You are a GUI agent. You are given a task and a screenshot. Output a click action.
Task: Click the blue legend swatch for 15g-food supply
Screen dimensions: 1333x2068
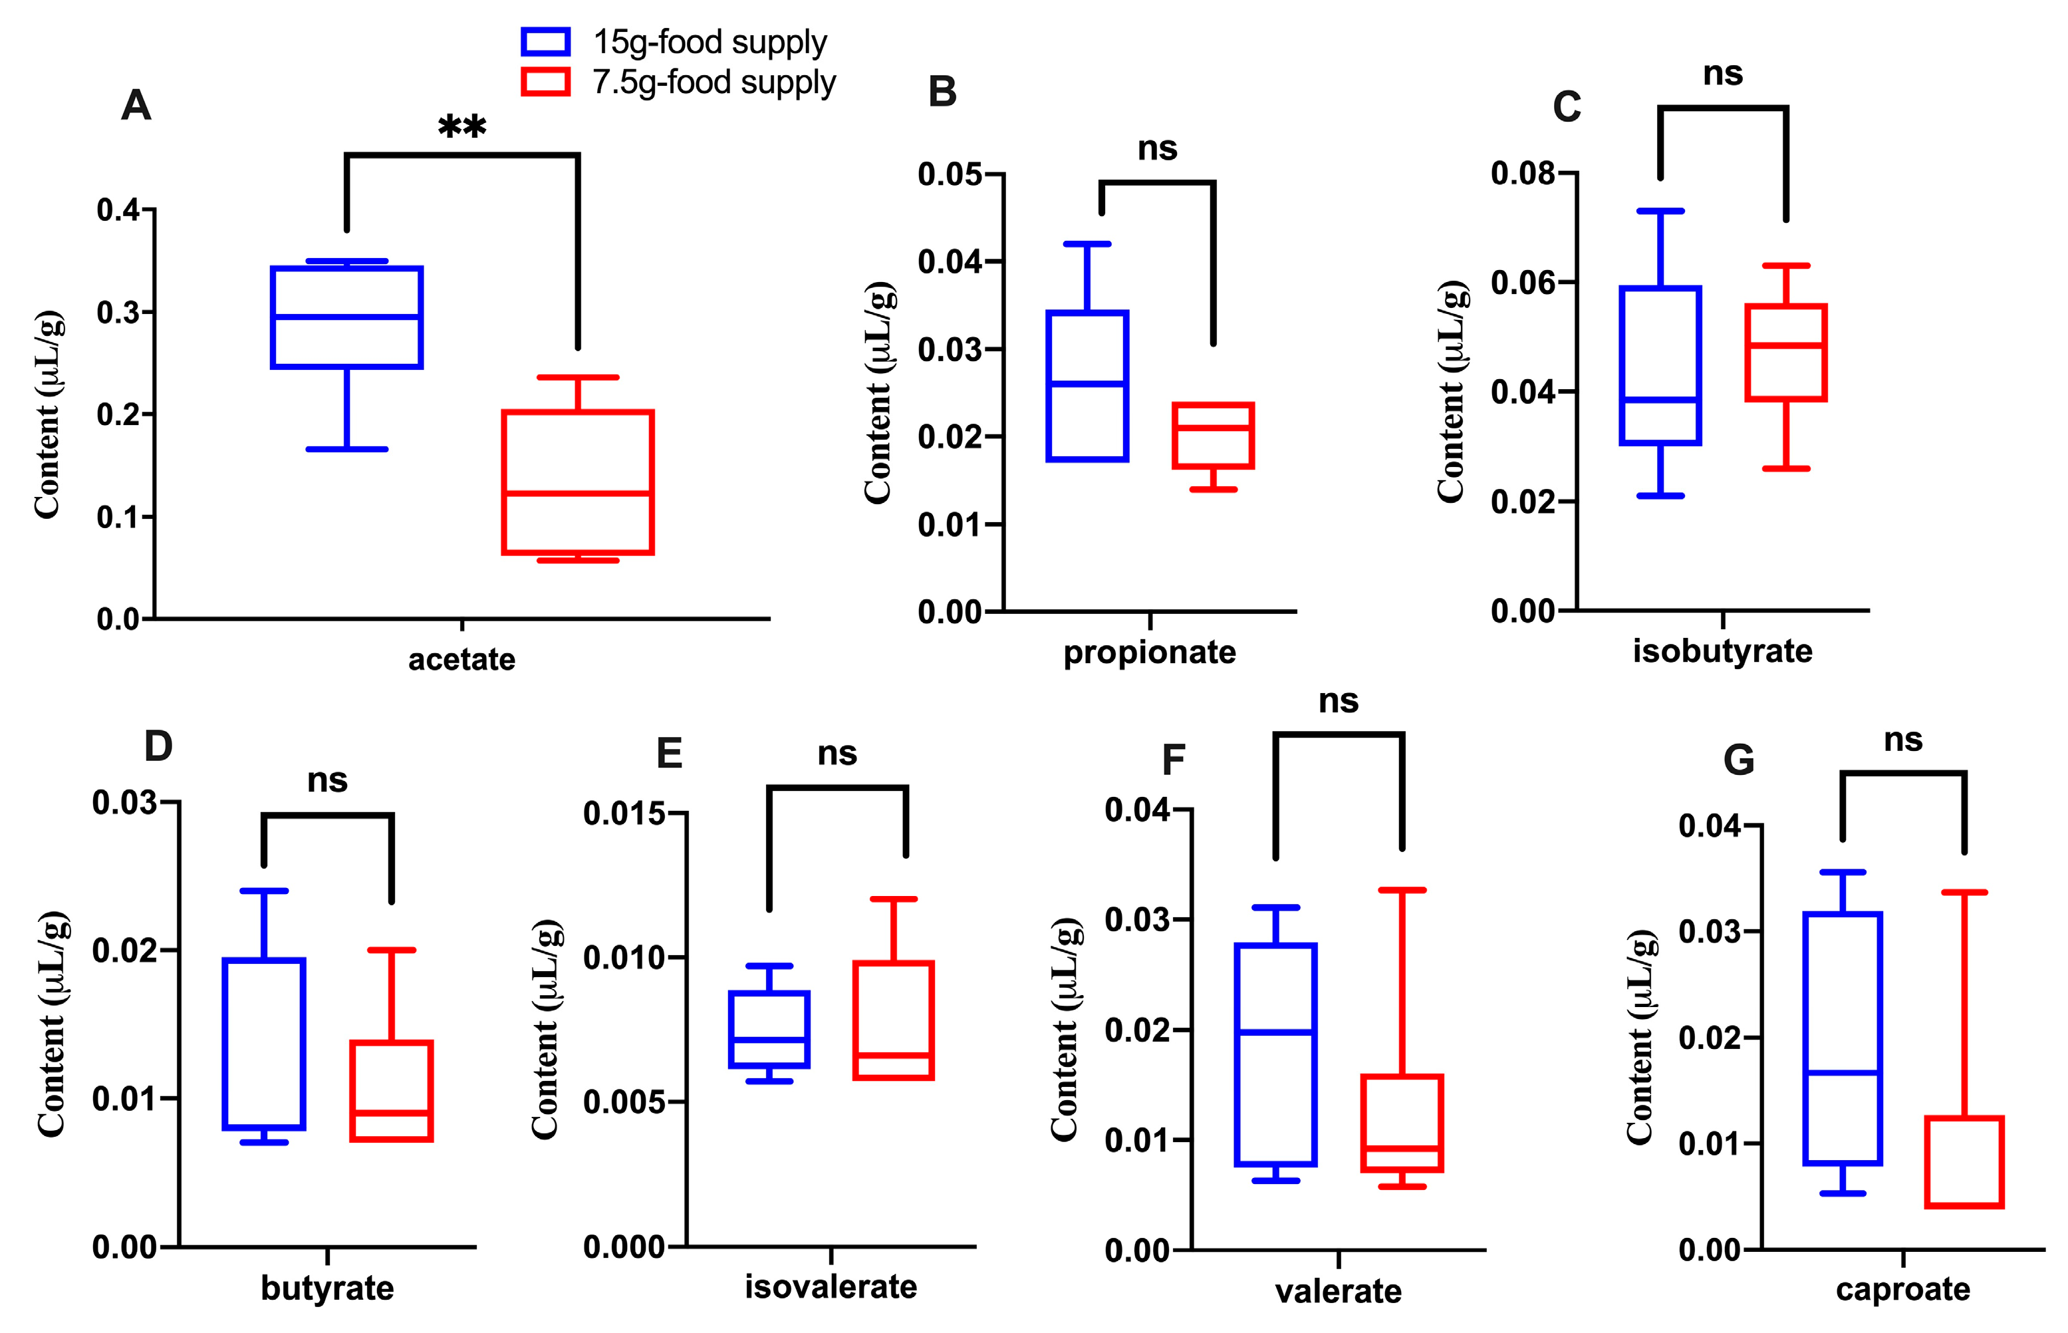pyautogui.click(x=545, y=41)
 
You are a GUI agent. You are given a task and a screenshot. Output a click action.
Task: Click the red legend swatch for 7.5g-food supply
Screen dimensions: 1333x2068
pyautogui.click(x=545, y=82)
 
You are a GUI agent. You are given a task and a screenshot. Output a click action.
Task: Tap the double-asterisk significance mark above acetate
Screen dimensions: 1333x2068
pyautogui.click(x=462, y=128)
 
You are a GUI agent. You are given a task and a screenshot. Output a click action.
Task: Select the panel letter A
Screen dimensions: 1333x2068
pyautogui.click(x=136, y=106)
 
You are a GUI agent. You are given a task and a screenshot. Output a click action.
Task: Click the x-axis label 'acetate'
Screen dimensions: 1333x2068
pyautogui.click(x=462, y=660)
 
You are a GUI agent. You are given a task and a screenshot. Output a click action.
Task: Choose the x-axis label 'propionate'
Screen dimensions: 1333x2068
pyautogui.click(x=1149, y=652)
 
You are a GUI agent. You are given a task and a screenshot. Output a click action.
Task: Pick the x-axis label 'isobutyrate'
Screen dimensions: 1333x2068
pyautogui.click(x=1722, y=651)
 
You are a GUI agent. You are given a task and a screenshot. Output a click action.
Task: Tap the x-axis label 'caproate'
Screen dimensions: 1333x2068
pyautogui.click(x=1902, y=1290)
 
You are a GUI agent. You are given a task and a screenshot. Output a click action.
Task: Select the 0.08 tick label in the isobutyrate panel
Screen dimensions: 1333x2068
pyautogui.click(x=1523, y=173)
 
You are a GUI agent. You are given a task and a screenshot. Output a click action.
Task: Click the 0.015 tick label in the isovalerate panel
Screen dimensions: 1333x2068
pyautogui.click(x=624, y=814)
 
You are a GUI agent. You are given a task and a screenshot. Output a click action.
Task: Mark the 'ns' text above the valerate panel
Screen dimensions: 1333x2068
pyautogui.click(x=1338, y=700)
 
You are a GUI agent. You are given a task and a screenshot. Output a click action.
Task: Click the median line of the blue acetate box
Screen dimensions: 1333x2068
pyautogui.click(x=346, y=317)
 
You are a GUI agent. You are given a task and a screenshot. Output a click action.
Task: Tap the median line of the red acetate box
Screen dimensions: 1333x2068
pyautogui.click(x=577, y=494)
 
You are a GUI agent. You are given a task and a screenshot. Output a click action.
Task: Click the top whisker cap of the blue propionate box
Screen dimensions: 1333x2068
pyautogui.click(x=1087, y=244)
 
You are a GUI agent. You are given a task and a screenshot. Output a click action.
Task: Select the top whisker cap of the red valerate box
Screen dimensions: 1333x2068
pyautogui.click(x=1402, y=890)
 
